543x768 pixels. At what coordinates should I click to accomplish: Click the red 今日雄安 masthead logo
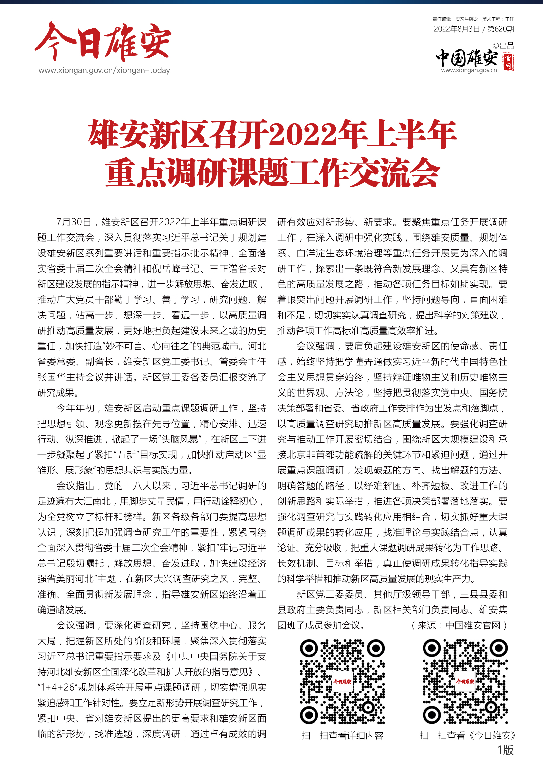103,41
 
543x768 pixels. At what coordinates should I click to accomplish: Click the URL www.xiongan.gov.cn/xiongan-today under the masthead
104,70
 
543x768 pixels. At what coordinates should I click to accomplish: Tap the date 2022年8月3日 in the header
456,29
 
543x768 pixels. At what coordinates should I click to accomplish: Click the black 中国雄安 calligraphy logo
467,58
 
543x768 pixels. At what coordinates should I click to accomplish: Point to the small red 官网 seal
508,62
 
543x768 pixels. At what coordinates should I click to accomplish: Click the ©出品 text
503,46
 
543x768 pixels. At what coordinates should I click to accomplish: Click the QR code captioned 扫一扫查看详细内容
342,681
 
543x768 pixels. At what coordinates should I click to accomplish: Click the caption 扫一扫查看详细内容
342,735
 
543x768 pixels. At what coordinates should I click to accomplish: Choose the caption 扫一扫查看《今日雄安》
468,735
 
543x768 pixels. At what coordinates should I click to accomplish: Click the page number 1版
505,750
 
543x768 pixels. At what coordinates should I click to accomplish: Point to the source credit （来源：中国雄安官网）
459,625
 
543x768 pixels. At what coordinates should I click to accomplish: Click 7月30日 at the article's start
74,222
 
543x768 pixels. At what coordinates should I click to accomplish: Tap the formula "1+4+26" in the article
57,687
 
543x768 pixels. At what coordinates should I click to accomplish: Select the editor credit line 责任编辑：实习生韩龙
455,19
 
